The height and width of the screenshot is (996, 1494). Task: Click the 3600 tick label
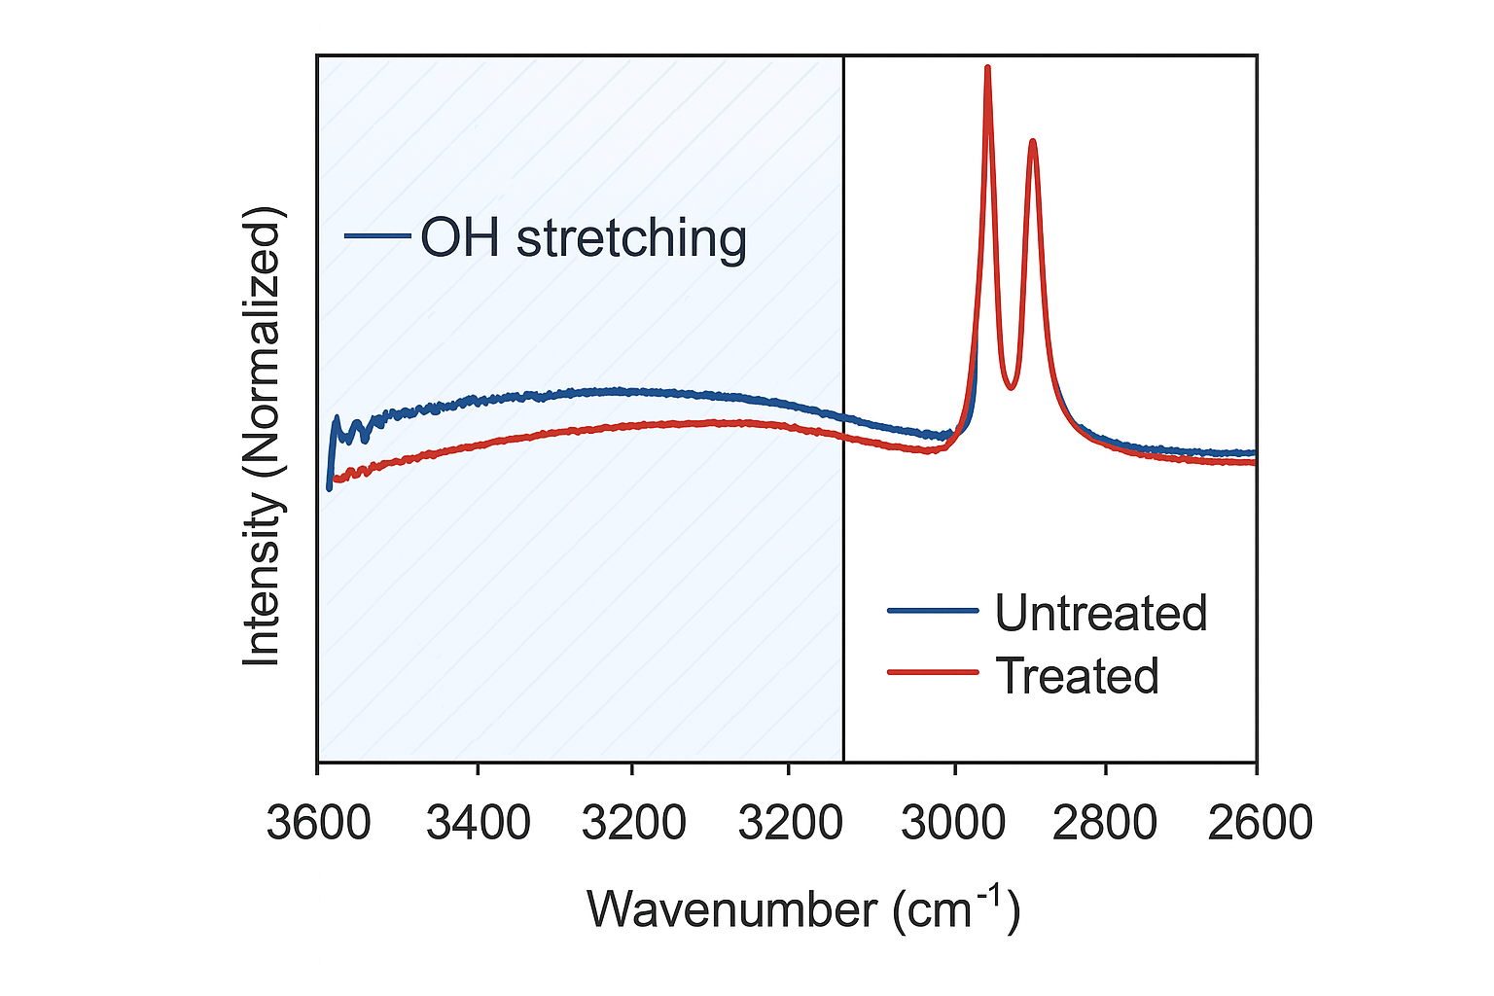point(319,823)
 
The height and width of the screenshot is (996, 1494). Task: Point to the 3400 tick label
point(479,823)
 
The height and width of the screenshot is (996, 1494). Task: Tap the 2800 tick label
point(1106,823)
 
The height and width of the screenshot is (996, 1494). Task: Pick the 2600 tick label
point(1260,823)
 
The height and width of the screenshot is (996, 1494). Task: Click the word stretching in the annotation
point(631,239)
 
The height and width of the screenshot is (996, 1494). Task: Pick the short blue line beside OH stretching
point(377,235)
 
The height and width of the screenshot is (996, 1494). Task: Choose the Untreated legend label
point(1100,613)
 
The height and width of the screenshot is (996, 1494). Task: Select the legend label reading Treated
point(1078,675)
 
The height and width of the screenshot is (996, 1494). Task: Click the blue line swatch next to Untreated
point(933,611)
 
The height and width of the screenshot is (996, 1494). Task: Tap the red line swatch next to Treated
point(933,672)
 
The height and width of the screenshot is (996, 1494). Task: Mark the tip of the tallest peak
point(988,68)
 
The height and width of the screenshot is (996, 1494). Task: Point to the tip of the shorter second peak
point(1033,142)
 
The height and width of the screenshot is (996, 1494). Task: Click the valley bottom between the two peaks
point(1012,387)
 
